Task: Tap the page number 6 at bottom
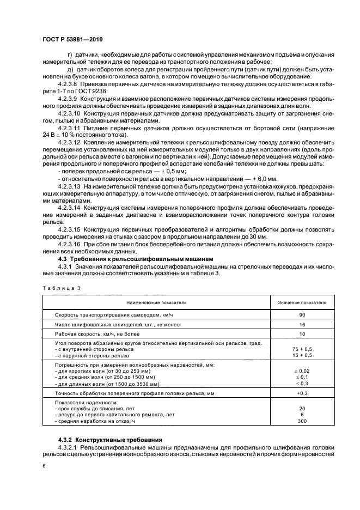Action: click(44, 467)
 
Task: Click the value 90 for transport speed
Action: click(302, 315)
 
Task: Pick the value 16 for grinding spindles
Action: click(302, 324)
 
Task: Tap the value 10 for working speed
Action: click(302, 333)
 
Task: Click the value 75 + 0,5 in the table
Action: click(302, 349)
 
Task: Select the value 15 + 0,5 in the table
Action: click(302, 355)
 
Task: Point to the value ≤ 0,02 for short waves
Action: click(302, 371)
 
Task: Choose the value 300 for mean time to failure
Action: click(302, 421)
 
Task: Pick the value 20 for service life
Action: click(302, 408)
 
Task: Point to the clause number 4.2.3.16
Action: click(69, 245)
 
